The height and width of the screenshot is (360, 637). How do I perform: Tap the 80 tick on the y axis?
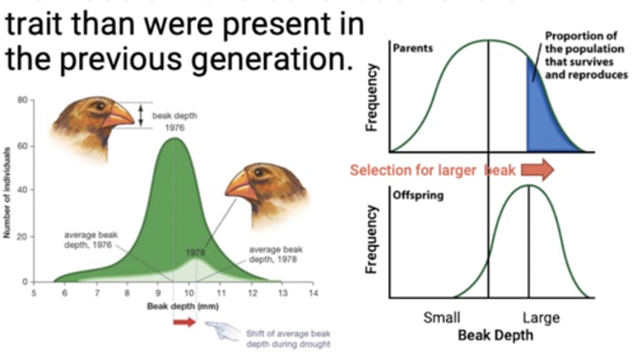click(x=21, y=100)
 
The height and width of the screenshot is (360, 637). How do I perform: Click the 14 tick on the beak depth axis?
click(x=311, y=291)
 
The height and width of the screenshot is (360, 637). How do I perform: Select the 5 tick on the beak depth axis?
click(x=35, y=291)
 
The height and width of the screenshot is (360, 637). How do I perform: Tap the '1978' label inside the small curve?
click(x=196, y=252)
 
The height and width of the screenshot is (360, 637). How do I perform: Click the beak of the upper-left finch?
click(x=119, y=115)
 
